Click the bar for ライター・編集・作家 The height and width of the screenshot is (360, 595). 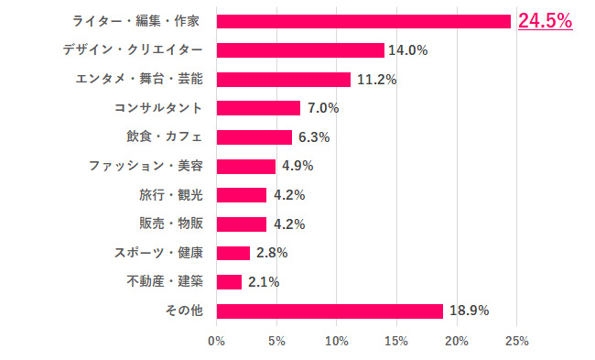(363, 21)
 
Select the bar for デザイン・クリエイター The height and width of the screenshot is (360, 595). (300, 50)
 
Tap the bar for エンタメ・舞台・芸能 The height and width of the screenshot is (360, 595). (284, 80)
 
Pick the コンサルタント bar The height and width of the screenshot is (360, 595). (258, 108)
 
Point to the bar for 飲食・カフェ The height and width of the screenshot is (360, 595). (254, 137)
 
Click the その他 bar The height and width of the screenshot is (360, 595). (330, 311)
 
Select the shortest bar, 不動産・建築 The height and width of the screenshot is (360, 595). (229, 281)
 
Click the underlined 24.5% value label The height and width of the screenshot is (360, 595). (545, 21)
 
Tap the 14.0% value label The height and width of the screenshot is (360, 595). (408, 50)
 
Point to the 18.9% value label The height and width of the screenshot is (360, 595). (469, 311)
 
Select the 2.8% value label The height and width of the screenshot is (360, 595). (271, 253)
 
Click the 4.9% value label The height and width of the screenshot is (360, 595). (297, 166)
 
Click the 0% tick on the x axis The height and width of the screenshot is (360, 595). (216, 342)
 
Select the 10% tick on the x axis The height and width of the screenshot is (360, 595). (336, 342)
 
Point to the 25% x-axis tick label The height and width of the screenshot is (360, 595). (516, 342)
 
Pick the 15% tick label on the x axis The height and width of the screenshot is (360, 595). (396, 342)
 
